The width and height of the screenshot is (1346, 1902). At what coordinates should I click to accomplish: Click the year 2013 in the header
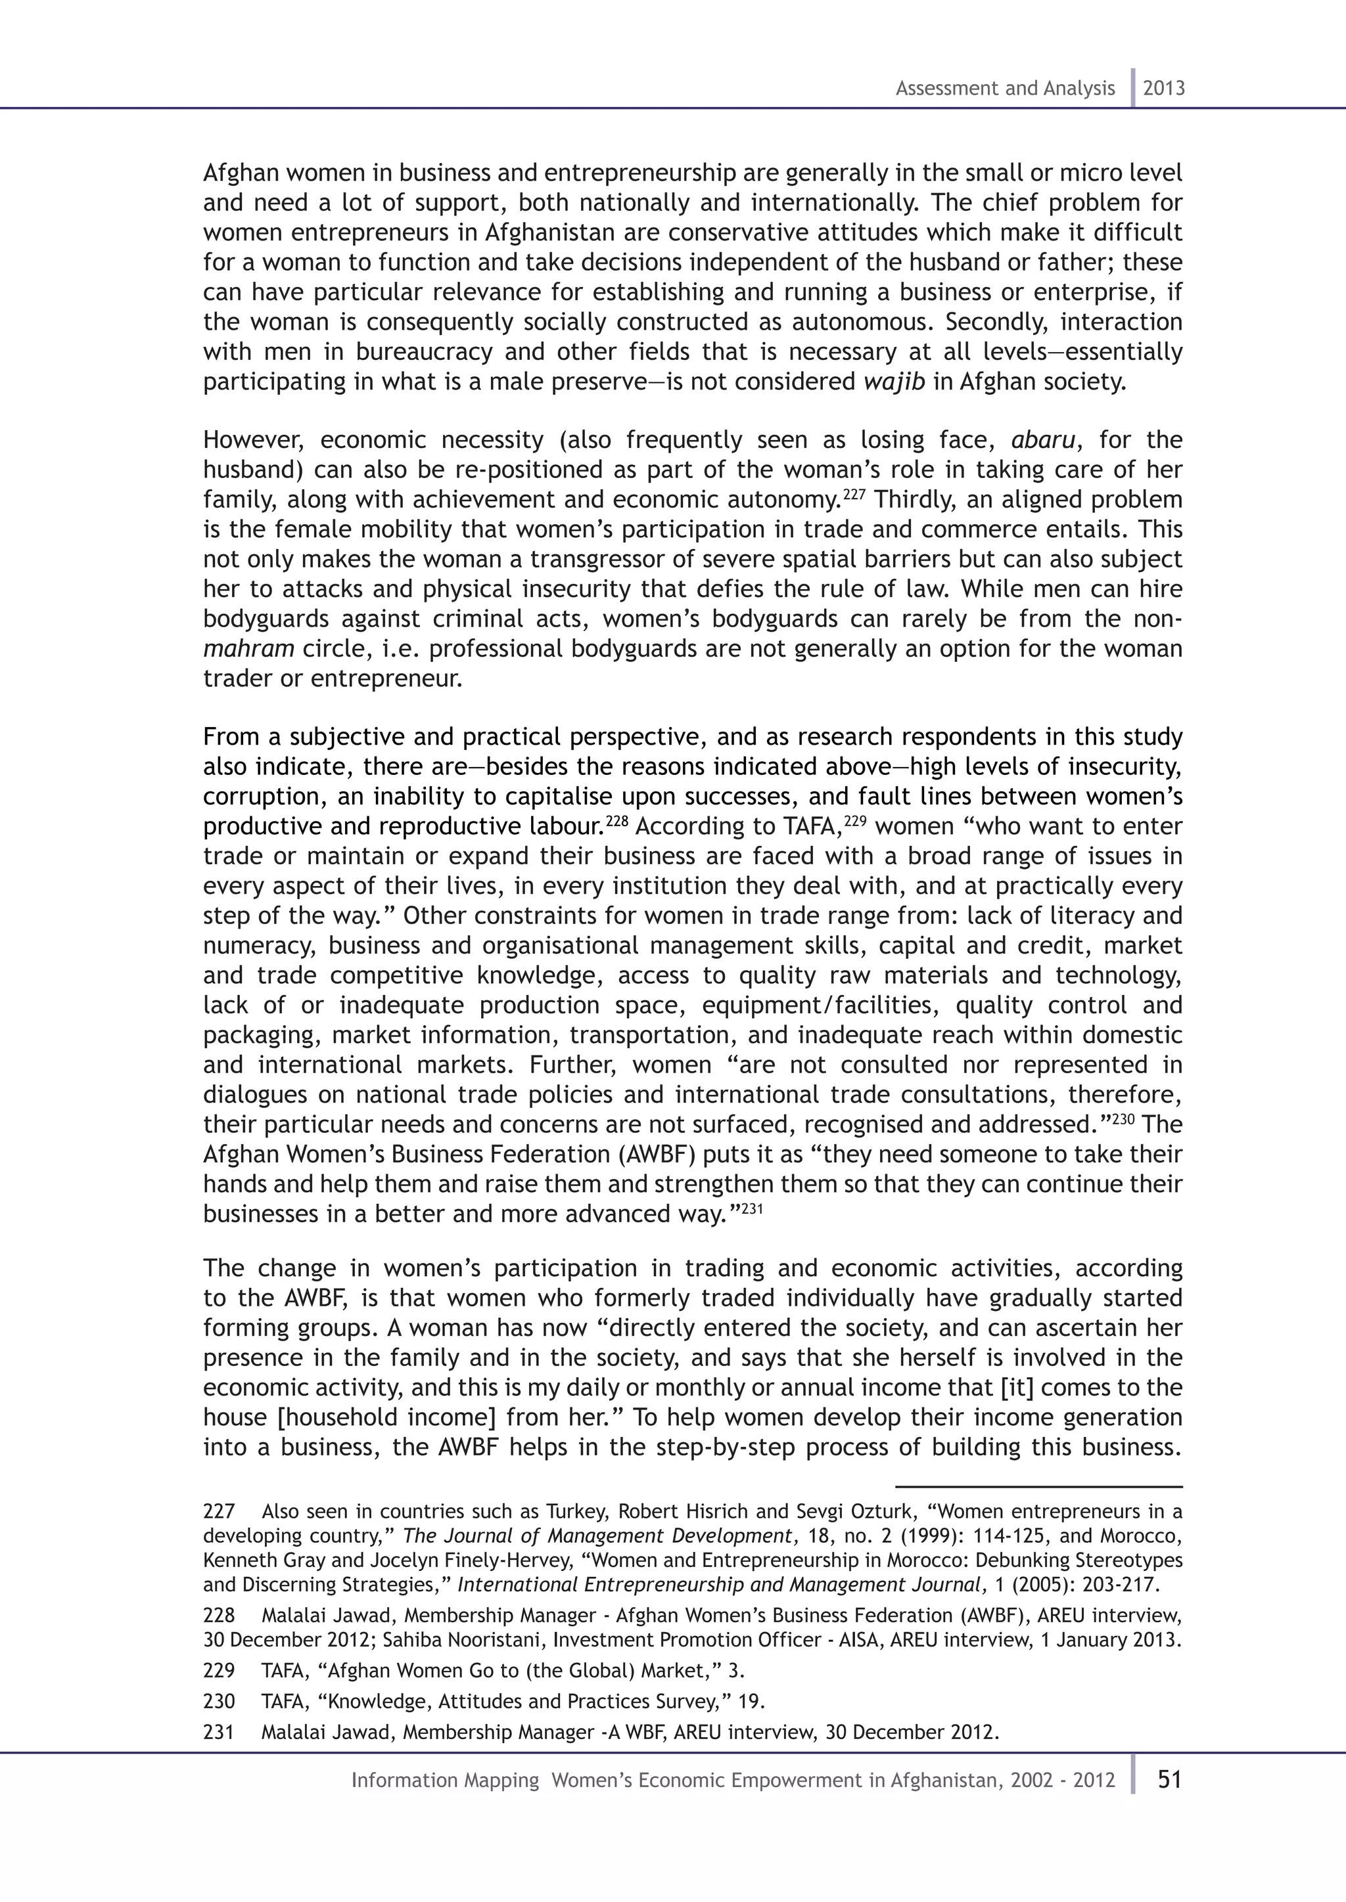pos(1164,89)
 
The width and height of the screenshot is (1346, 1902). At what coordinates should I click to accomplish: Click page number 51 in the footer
pos(1169,1779)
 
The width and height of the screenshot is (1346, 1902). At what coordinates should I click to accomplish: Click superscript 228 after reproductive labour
pos(618,821)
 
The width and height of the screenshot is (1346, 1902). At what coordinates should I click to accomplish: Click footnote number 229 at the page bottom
pos(219,1671)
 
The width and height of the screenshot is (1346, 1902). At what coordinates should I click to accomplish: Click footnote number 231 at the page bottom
pos(219,1732)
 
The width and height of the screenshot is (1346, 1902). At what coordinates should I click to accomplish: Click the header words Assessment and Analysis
pos(1004,89)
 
